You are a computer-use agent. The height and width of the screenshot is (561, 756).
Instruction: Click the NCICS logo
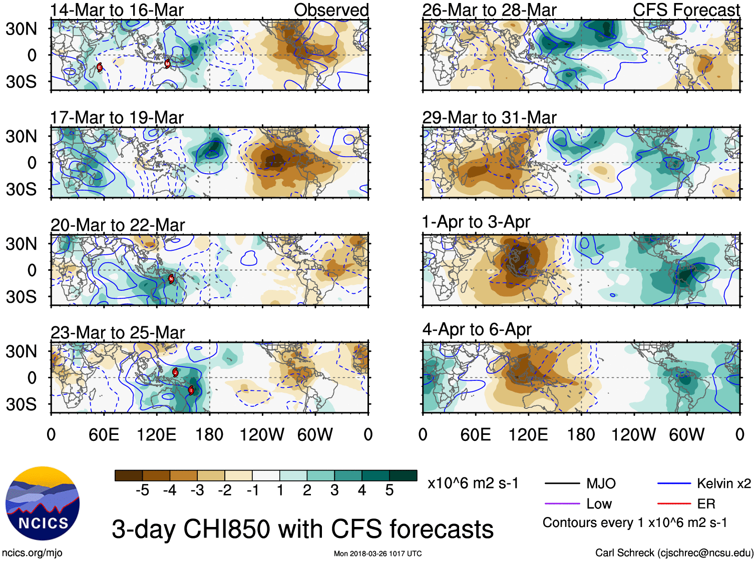(x=42, y=503)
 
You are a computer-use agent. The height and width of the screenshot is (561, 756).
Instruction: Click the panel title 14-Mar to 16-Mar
(x=117, y=10)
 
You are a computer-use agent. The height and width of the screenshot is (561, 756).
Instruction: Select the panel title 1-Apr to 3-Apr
(x=476, y=222)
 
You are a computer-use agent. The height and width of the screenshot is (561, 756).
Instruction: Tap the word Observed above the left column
(x=331, y=10)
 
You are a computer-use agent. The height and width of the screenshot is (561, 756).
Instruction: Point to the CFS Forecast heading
(x=686, y=10)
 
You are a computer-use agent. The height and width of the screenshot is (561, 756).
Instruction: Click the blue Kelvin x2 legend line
(x=674, y=484)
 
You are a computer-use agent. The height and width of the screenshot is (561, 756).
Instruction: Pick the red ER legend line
(x=674, y=504)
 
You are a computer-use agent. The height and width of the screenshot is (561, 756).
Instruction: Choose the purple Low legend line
(x=562, y=504)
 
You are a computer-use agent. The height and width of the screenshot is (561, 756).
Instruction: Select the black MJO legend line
(x=562, y=484)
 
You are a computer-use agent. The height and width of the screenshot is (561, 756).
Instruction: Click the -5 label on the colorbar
(x=142, y=490)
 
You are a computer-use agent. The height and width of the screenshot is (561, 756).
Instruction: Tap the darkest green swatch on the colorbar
(x=403, y=475)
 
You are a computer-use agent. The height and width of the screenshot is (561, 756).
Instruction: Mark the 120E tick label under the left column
(x=156, y=434)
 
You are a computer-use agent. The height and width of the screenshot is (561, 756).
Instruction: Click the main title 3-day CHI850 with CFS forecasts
(x=302, y=529)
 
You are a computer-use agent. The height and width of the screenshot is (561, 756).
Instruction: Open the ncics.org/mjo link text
(x=32, y=553)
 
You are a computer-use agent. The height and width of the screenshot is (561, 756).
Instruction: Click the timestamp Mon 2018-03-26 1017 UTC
(x=377, y=553)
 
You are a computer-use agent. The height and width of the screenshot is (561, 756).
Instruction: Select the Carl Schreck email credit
(x=674, y=553)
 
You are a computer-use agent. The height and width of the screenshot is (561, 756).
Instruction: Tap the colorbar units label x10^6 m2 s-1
(x=473, y=483)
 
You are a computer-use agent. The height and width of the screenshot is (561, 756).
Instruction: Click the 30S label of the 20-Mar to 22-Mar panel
(x=21, y=297)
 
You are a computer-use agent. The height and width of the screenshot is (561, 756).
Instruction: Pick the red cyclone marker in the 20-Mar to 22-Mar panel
(x=171, y=279)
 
